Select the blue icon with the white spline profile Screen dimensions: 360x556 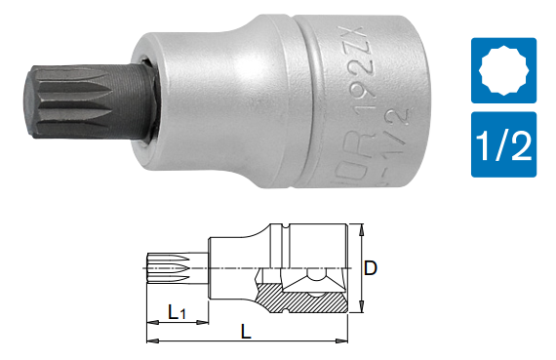(x=504, y=69)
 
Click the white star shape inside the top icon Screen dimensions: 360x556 (x=504, y=69)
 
